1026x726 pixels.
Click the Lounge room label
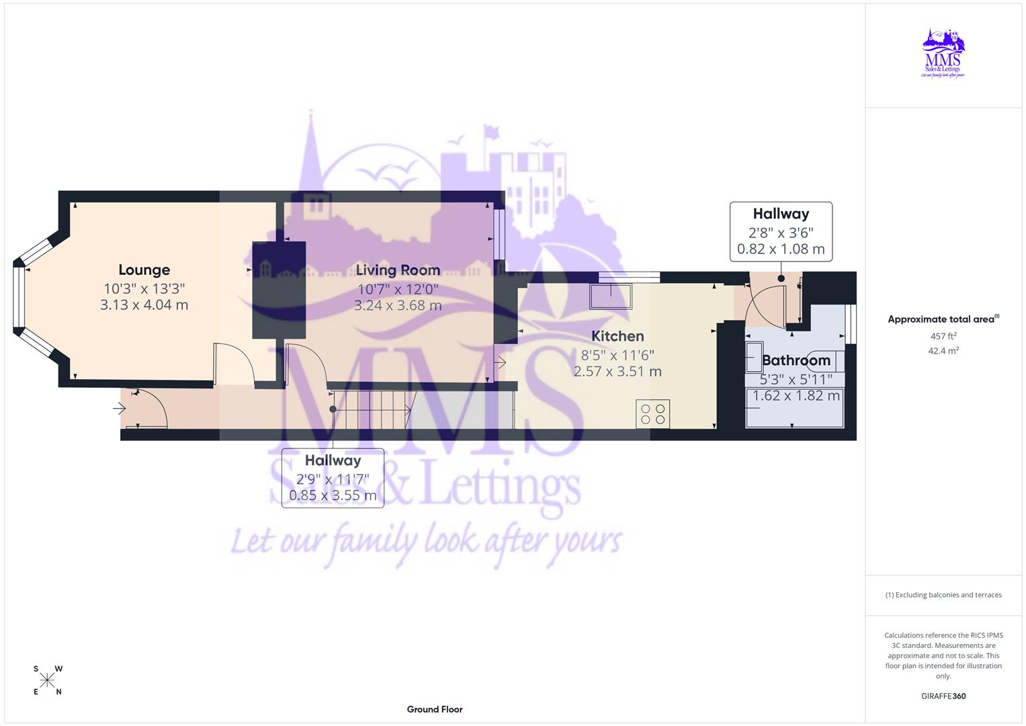coord(144,270)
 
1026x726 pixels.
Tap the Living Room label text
coord(398,270)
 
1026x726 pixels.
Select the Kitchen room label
coord(617,336)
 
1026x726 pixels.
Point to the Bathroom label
coord(796,360)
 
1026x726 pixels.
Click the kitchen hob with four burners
coord(653,413)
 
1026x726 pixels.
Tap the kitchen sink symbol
coord(611,296)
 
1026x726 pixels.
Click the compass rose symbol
coord(47,680)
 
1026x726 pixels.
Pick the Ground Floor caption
coord(435,709)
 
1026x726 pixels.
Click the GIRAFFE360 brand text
coord(943,696)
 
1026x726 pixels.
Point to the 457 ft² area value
coord(943,336)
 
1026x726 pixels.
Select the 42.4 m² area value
coord(943,351)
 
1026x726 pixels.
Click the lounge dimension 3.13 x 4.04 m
coord(144,305)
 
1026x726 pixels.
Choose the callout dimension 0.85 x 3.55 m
coord(333,496)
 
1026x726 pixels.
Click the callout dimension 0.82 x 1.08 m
coord(781,249)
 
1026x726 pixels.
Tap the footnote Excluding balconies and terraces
coord(943,595)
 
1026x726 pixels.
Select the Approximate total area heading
coord(941,319)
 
